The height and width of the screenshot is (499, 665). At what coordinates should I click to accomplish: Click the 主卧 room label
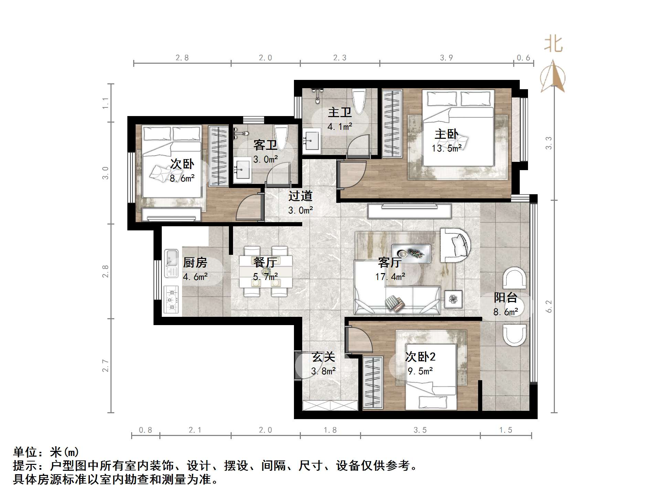[446, 134]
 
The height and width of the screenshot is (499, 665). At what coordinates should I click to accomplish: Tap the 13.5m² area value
[446, 148]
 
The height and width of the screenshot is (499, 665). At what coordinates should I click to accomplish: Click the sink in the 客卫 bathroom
[243, 169]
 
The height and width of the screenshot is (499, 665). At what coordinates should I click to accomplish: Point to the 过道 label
[300, 196]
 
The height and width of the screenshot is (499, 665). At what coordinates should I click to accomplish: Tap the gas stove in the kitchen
[171, 299]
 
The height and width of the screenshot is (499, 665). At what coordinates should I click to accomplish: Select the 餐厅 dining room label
[265, 262]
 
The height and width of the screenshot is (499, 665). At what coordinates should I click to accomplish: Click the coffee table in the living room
[411, 253]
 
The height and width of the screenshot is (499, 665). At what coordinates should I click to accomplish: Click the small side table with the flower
[453, 299]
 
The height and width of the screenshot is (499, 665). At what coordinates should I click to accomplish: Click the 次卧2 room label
[420, 357]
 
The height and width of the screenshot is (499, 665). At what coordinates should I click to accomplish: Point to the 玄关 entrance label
[323, 357]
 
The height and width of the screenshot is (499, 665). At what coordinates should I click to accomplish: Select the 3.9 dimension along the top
[446, 58]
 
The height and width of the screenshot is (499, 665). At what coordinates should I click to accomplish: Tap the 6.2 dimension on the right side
[549, 306]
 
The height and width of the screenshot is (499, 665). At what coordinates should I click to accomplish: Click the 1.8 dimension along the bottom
[330, 430]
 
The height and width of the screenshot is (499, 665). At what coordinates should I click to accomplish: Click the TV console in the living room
[410, 211]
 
